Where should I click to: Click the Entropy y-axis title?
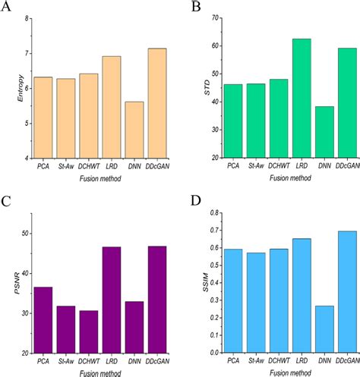pyautogui.click(x=11, y=88)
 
